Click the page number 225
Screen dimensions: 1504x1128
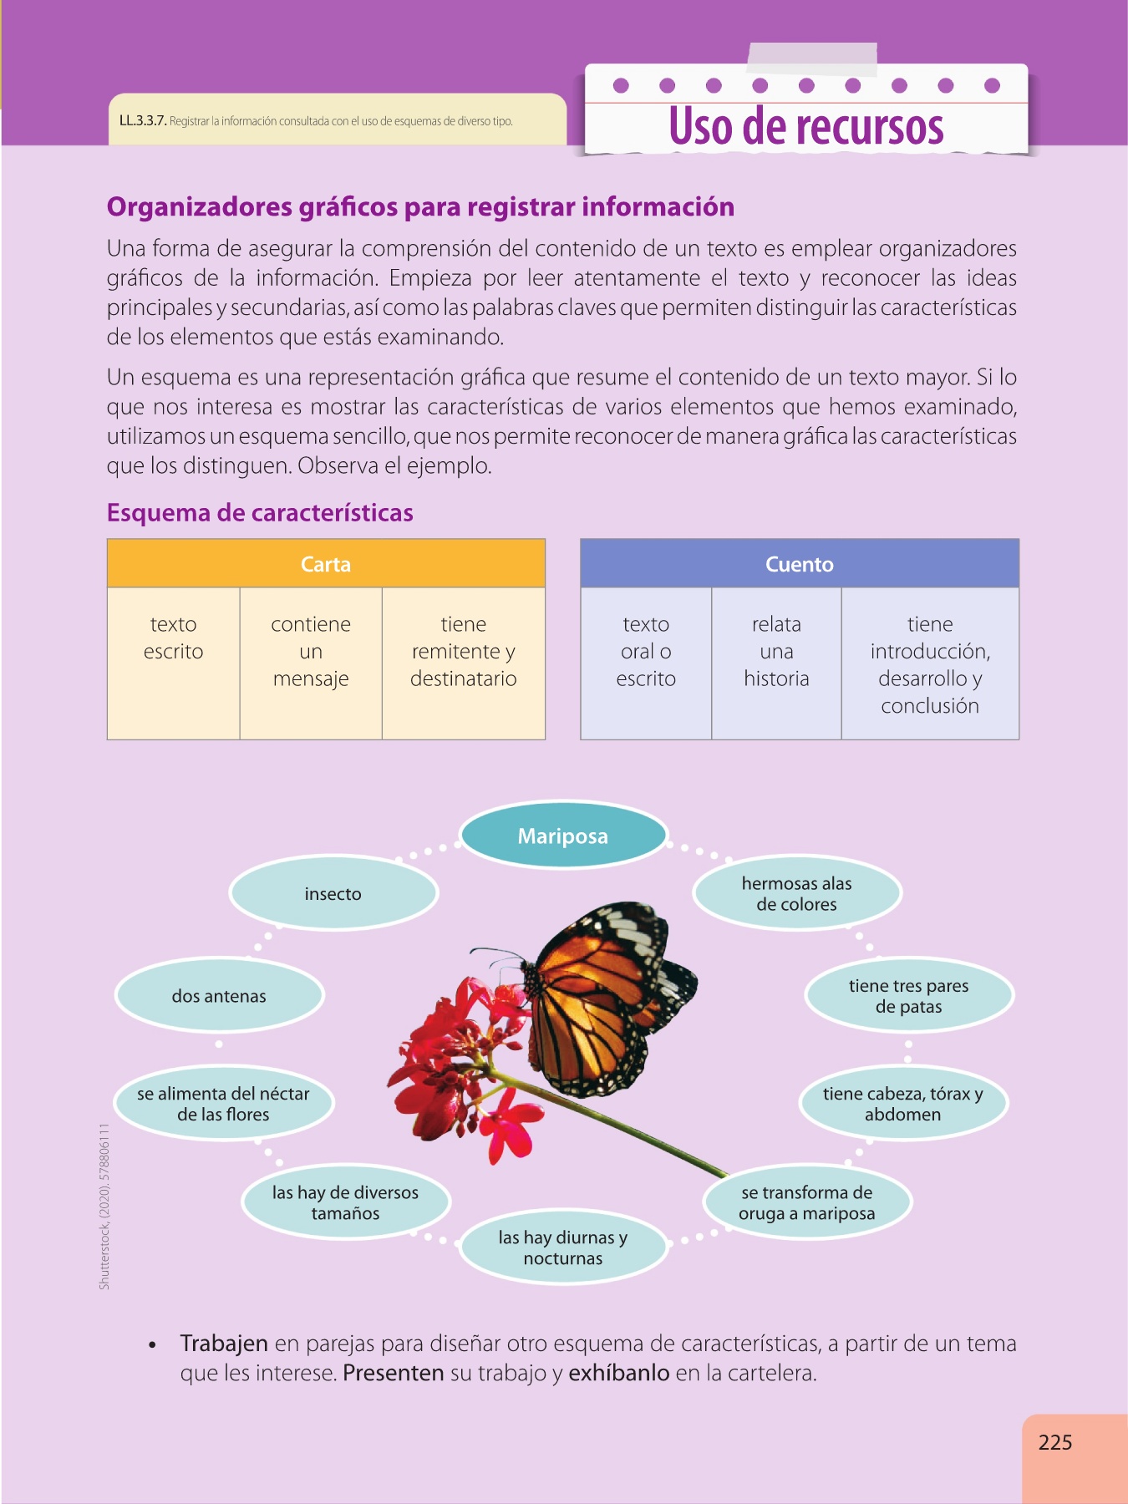pos(1054,1442)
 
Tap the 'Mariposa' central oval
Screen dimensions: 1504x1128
pos(563,836)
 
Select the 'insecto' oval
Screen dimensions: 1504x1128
pos(333,893)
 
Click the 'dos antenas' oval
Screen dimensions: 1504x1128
pos(219,995)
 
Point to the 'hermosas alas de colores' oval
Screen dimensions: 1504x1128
pos(796,893)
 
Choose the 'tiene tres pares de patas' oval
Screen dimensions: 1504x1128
pos(908,996)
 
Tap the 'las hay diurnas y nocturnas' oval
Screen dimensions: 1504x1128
pos(563,1247)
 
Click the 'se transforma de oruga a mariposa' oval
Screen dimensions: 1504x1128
pos(806,1202)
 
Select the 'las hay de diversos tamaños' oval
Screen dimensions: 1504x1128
pos(345,1202)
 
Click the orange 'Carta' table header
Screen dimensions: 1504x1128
pos(326,564)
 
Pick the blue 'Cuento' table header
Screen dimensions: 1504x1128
pos(800,564)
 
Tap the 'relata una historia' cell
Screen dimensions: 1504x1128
pos(776,652)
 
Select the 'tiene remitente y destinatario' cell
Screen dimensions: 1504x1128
pos(464,652)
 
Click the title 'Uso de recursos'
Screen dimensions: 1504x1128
pos(806,127)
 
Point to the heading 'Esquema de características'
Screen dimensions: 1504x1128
pos(260,512)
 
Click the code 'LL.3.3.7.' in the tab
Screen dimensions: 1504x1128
pos(143,121)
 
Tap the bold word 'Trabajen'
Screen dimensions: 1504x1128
pos(224,1344)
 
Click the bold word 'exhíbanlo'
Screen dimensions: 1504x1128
pos(619,1373)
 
